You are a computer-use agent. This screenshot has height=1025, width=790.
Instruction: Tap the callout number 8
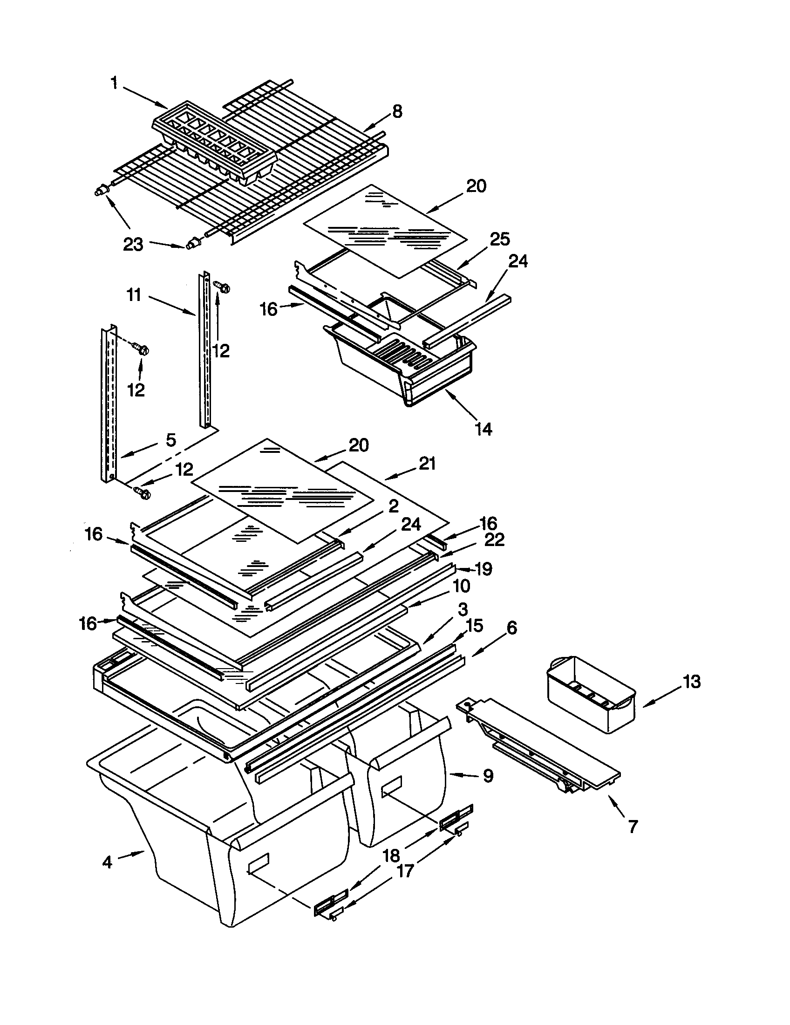coord(397,112)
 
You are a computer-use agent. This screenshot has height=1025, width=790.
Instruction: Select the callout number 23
coord(133,244)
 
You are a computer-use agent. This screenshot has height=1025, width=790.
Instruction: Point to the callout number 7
coord(633,827)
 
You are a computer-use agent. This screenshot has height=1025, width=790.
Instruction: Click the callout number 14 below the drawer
coord(484,429)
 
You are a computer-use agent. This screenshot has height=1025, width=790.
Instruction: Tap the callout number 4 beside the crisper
coord(108,862)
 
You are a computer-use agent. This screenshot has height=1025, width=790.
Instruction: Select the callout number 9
coord(488,776)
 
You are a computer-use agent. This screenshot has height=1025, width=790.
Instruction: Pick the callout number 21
coord(427,464)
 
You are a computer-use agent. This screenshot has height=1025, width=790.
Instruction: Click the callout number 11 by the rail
coord(134,296)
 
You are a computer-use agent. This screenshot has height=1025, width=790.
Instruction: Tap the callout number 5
coord(171,440)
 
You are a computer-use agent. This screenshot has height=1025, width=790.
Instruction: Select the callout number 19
coord(484,569)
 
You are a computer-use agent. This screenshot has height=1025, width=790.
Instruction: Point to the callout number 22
coord(494,540)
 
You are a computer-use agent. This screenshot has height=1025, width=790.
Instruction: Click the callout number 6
coord(511,628)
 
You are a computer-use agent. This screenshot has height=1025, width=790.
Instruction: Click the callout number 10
coord(462,586)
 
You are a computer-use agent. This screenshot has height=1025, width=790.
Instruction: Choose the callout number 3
coord(463,609)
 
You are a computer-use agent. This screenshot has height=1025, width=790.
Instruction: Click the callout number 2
coord(393,506)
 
